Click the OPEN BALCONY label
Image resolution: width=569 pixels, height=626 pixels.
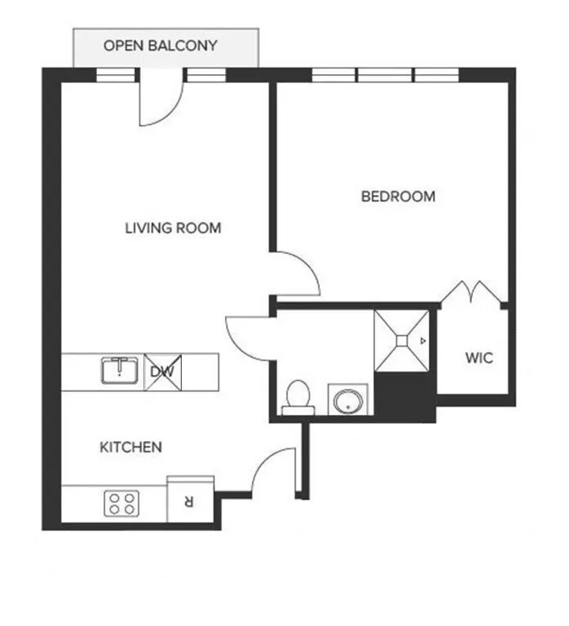coord(161,46)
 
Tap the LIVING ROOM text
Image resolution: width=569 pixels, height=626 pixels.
coord(173,228)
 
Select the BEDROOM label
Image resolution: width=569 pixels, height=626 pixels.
coord(398,196)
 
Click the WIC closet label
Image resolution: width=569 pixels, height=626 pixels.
coord(479,358)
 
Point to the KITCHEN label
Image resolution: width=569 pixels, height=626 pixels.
coord(130,447)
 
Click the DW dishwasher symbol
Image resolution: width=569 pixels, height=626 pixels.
coord(161,372)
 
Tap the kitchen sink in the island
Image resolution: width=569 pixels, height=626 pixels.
coord(121,371)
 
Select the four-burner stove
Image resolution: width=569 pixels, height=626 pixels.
coord(121,503)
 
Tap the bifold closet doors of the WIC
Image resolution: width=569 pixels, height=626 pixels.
coord(474,293)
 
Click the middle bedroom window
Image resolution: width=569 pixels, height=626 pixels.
coord(386,75)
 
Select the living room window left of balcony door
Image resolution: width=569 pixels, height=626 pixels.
coord(115,75)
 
